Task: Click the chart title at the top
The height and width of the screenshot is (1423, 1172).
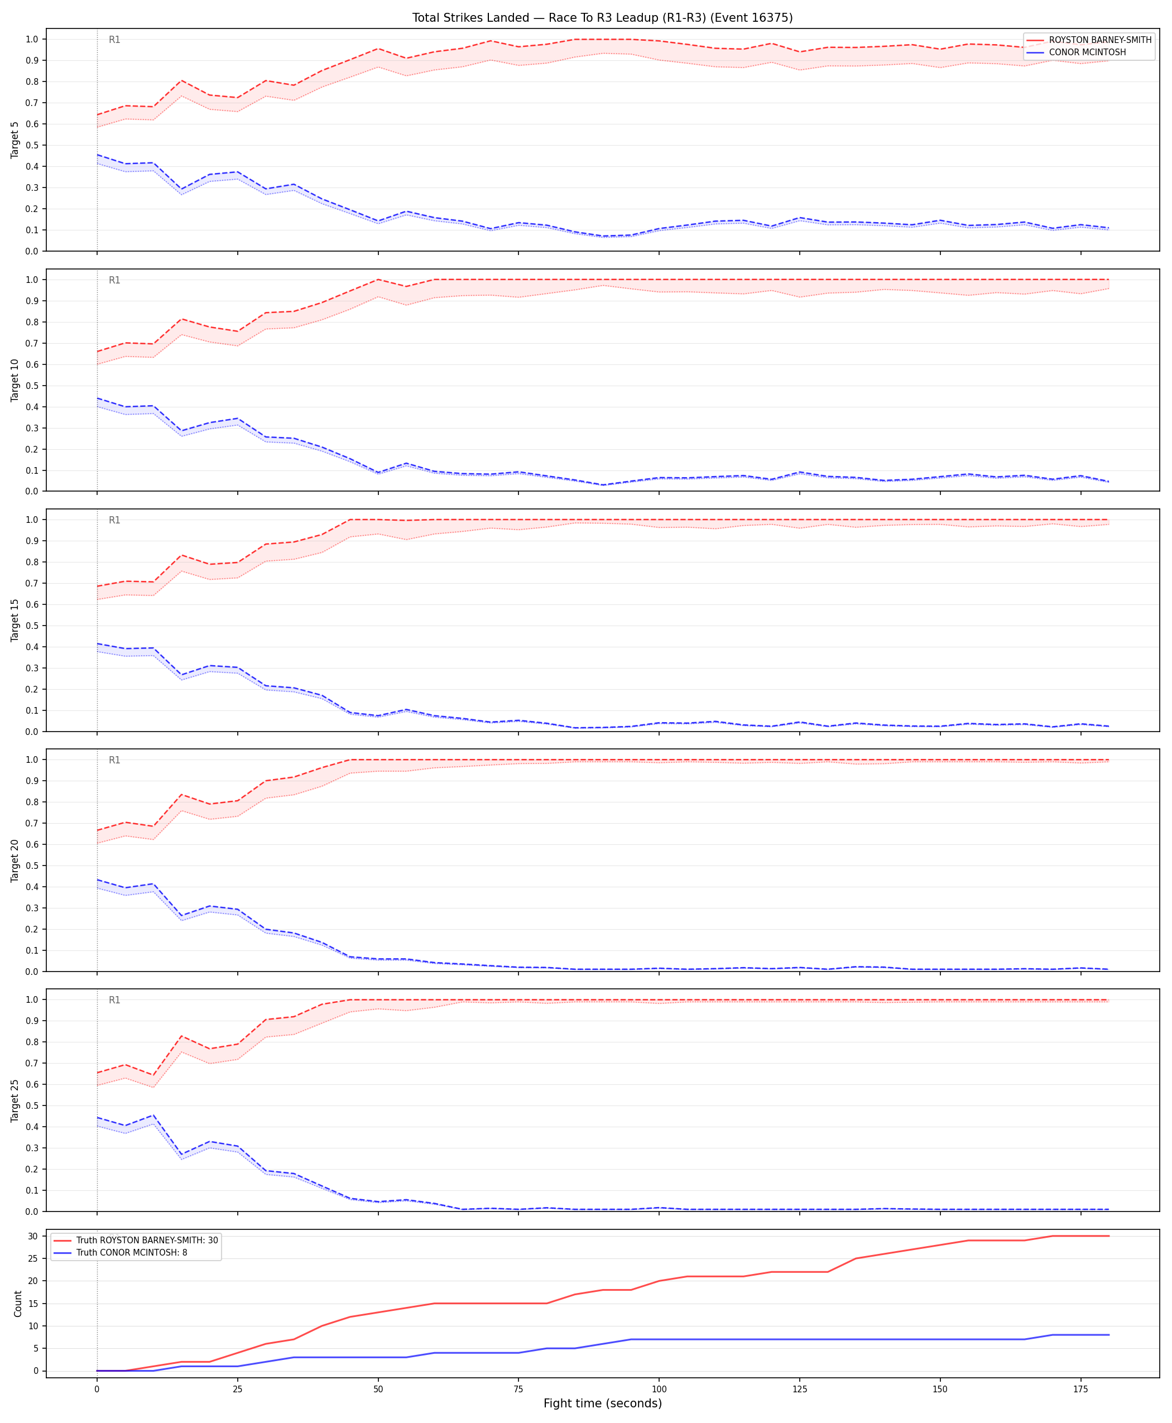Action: [x=602, y=17]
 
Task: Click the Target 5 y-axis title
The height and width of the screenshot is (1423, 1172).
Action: [x=15, y=140]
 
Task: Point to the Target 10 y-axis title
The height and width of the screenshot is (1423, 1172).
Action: [x=15, y=380]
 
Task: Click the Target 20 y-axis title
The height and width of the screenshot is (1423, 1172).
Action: [x=15, y=860]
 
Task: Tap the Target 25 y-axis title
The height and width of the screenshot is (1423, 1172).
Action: [x=15, y=1100]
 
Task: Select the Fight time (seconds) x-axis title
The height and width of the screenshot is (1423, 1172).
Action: [x=602, y=1403]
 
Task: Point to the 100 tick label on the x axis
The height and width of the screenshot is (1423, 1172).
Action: [x=659, y=1390]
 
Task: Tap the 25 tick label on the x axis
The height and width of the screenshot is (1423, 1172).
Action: [x=237, y=1390]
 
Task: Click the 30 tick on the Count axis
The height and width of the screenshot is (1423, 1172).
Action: [x=32, y=1237]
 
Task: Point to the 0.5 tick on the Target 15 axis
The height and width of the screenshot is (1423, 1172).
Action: [x=32, y=626]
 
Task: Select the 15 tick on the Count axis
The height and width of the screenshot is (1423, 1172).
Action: [x=32, y=1304]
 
